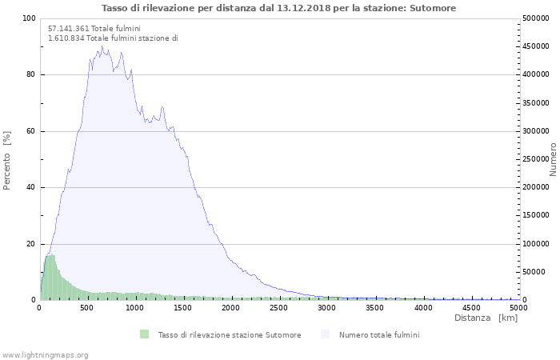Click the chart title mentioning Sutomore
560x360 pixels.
click(x=278, y=8)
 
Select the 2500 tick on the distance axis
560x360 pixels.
click(x=278, y=308)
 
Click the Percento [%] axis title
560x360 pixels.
click(x=6, y=161)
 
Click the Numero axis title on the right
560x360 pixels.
click(x=553, y=160)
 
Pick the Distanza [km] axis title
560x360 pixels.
click(x=486, y=318)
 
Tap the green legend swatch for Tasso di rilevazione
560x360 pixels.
click(x=144, y=334)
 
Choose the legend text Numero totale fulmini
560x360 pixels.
click(x=379, y=335)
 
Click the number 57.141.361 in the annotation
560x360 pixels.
click(x=69, y=29)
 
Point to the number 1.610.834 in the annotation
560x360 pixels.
click(x=66, y=38)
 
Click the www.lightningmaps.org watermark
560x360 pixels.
click(x=44, y=355)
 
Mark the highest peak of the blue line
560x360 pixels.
click(x=102, y=46)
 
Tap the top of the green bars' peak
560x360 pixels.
click(x=53, y=254)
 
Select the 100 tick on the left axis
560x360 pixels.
click(x=30, y=18)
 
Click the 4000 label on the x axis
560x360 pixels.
click(x=423, y=308)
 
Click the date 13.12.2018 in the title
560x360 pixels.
click(x=303, y=8)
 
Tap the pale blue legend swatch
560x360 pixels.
click(x=325, y=334)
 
